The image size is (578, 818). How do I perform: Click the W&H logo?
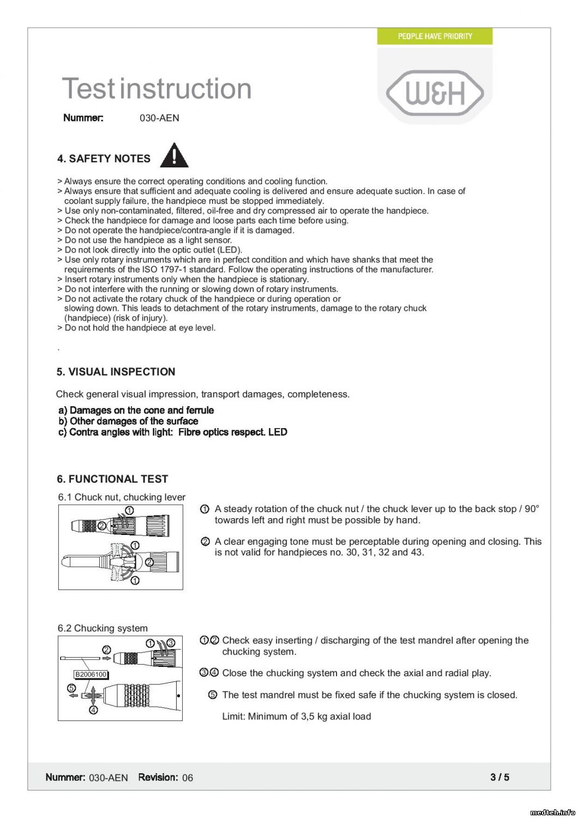pos(435,94)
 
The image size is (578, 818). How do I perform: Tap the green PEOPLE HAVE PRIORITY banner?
pos(435,37)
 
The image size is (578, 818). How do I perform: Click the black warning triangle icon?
pos(174,155)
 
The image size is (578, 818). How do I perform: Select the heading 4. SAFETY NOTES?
pos(104,159)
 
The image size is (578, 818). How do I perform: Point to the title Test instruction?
pos(156,88)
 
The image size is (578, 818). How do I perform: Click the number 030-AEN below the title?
pos(159,118)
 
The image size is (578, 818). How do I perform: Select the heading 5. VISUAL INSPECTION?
pos(116,372)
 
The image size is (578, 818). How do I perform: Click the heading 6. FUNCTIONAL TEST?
pos(112,479)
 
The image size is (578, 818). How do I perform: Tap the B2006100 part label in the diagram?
pos(91,675)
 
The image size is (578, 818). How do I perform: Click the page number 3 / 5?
pos(499,777)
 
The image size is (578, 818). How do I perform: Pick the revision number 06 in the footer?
pos(188,778)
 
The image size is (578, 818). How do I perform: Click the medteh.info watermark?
pos(552,812)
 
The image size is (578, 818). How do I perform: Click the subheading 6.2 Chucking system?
pos(103,628)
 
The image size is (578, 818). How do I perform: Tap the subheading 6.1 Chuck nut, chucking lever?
pos(122,497)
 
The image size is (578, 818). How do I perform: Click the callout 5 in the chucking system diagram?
pos(71,688)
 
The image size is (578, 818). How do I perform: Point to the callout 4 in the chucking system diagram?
pos(93,710)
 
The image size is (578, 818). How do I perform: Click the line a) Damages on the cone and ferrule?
pos(136,410)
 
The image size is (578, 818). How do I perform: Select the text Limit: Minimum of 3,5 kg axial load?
pos(296,717)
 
